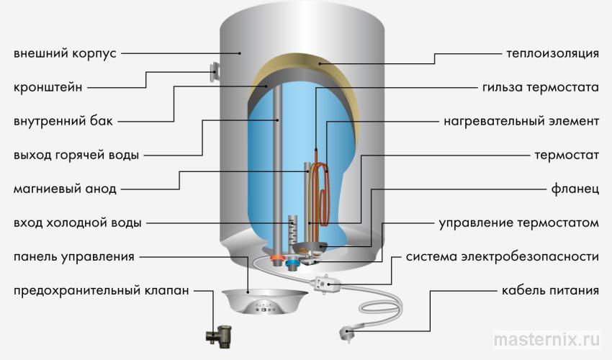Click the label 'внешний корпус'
[65, 53]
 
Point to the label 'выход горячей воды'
[76, 155]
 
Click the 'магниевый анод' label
[64, 189]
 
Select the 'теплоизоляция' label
[553, 53]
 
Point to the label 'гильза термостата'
[540, 87]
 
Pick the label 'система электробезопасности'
[502, 256]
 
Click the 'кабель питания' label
[550, 291]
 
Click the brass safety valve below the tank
[217, 333]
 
